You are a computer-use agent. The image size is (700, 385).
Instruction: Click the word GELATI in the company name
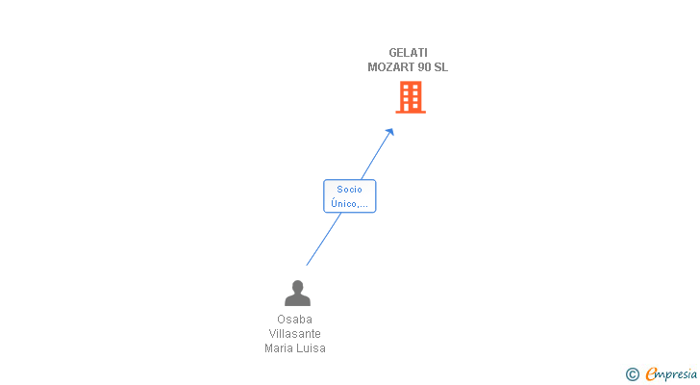408,53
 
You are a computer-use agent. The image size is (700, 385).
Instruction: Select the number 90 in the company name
421,67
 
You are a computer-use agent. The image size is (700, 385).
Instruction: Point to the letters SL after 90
440,67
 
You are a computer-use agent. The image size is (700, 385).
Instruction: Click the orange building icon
411,97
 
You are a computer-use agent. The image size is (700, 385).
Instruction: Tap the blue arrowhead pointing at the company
389,132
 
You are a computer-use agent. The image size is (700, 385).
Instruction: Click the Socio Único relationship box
350,196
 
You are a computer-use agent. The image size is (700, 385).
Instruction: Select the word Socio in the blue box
350,190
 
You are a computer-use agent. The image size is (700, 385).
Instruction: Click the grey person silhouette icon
297,293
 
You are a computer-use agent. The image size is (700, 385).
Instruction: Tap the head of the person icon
297,286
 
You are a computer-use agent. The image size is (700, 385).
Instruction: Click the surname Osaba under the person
294,320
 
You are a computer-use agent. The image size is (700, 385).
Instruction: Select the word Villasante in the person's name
294,334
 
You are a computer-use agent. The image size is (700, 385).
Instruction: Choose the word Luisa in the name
312,347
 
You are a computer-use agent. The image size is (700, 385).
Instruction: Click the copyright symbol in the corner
633,374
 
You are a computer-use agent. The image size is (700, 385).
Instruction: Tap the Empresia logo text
671,374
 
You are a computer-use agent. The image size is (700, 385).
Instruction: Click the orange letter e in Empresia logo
651,373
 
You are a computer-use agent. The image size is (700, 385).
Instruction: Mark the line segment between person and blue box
324,239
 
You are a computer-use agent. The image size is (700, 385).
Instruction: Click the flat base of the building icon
411,112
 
